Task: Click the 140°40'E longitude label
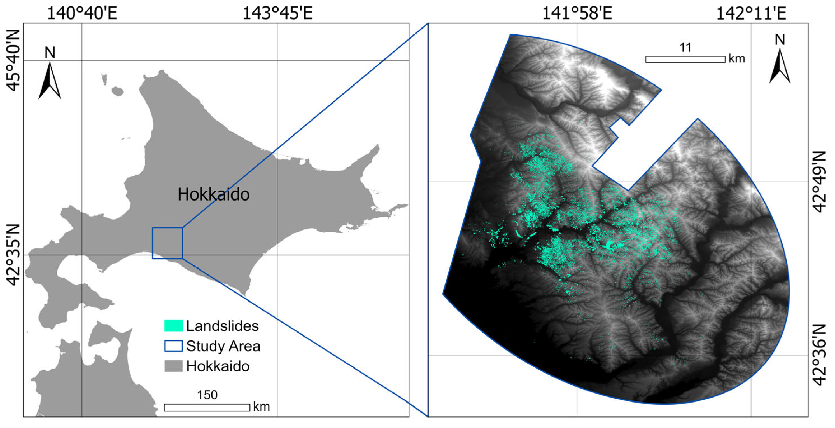(x=82, y=14)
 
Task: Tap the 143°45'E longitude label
(x=277, y=14)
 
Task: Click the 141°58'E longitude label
(x=577, y=14)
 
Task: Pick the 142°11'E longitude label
(x=751, y=14)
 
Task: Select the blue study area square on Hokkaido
(x=167, y=243)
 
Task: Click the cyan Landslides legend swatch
(x=173, y=326)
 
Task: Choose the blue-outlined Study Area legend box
(x=173, y=346)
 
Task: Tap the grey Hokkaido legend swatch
(x=173, y=366)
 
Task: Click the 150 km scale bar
(x=207, y=408)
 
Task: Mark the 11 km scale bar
(x=685, y=59)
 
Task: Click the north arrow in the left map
(x=50, y=80)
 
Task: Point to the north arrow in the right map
(x=780, y=66)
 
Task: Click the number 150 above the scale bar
(x=207, y=395)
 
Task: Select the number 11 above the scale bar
(x=685, y=48)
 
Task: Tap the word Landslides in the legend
(x=222, y=326)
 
